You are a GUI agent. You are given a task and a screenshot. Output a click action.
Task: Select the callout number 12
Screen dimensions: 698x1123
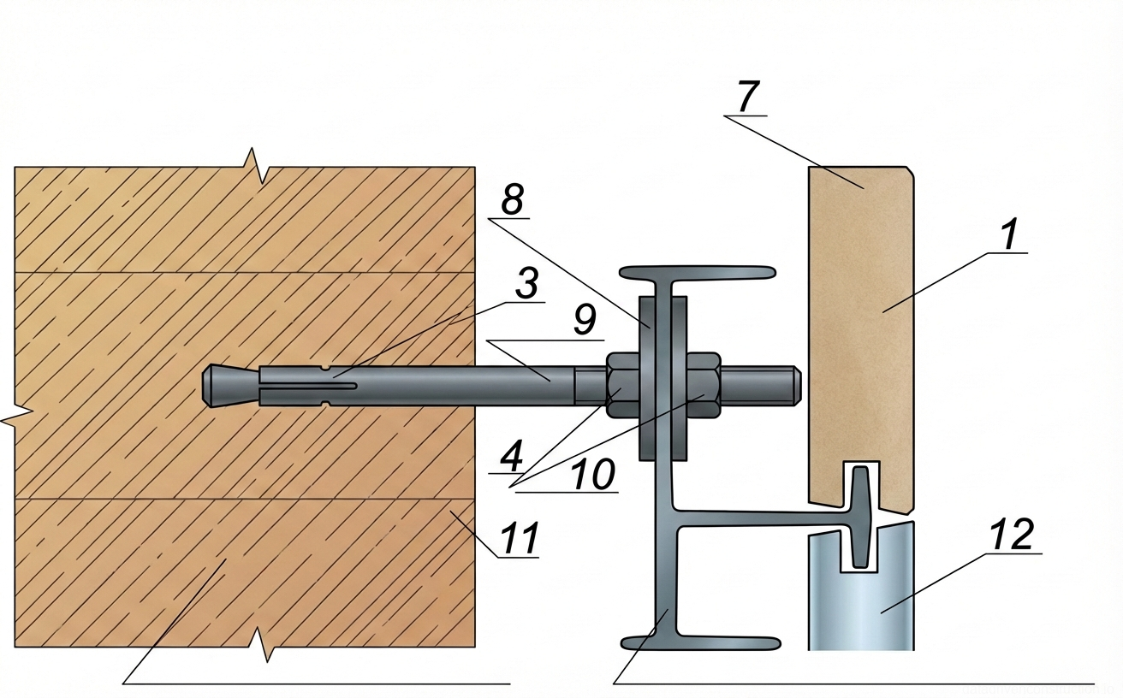pos(1012,535)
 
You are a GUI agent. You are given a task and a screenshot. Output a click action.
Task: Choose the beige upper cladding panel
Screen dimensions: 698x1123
pos(861,325)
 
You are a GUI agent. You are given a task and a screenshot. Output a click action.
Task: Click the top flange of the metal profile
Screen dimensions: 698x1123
pos(698,273)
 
